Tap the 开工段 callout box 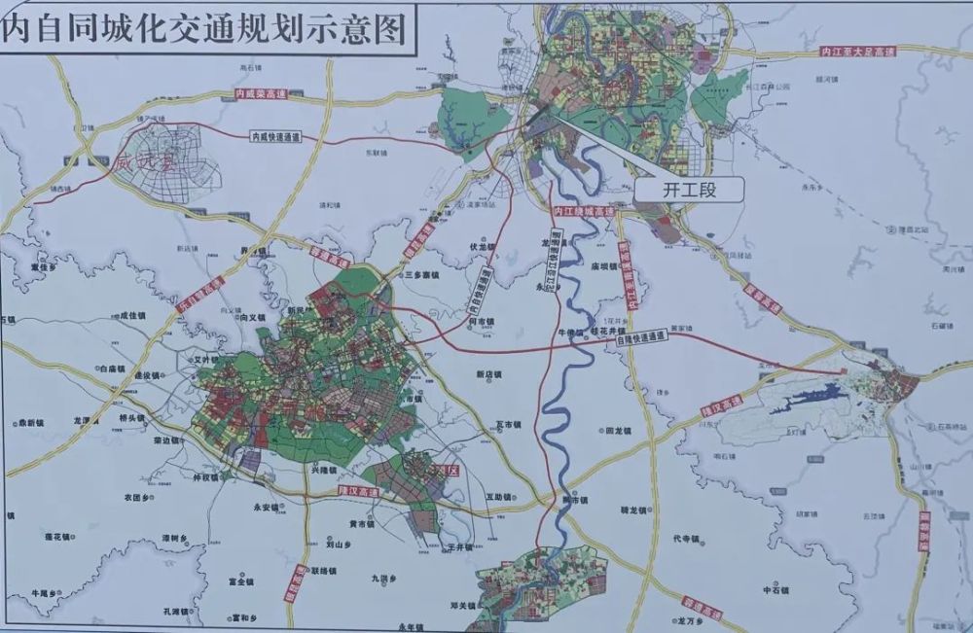689,190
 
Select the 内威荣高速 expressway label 261,94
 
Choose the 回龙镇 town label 619,430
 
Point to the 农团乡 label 136,497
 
